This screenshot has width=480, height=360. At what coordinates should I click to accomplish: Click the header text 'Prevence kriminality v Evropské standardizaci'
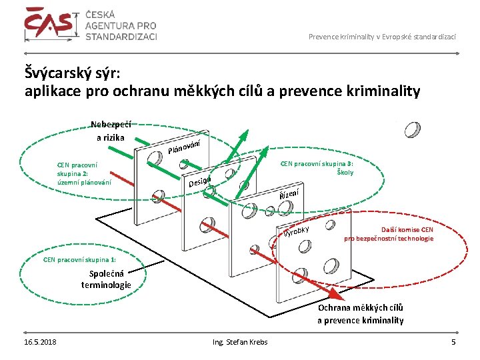click(x=382, y=36)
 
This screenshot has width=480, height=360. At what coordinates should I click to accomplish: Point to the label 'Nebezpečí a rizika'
click(x=111, y=130)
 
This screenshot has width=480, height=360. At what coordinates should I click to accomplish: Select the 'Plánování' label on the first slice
click(x=189, y=143)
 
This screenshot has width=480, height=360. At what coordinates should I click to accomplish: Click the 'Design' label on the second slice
click(x=200, y=181)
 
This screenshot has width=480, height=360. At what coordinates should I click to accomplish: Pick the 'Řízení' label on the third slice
click(x=289, y=194)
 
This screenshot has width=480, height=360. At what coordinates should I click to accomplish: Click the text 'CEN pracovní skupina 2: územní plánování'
click(x=84, y=173)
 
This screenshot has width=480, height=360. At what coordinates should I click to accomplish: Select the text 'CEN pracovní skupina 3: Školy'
click(x=317, y=167)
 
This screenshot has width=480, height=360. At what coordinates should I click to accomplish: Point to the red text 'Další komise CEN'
click(x=407, y=229)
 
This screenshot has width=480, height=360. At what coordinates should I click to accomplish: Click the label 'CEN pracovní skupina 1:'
click(x=79, y=259)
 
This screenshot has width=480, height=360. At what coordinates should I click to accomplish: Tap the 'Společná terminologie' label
click(x=106, y=279)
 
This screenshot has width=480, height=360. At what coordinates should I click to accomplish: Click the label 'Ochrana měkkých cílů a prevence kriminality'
click(x=360, y=313)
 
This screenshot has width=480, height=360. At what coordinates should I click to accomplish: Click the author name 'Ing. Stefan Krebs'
click(x=240, y=342)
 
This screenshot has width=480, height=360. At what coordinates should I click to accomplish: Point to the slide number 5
click(x=453, y=342)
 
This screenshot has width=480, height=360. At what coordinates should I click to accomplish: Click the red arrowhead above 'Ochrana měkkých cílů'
click(x=331, y=297)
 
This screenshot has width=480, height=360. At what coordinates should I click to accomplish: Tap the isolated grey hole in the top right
click(x=413, y=129)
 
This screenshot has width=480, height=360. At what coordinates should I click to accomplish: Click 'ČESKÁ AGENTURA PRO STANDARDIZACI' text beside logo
click(x=121, y=25)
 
